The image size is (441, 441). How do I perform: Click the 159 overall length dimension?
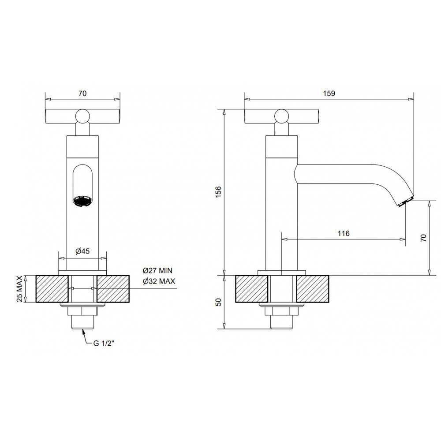click(329, 93)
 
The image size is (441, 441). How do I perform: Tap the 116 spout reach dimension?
click(344, 233)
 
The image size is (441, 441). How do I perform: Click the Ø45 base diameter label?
click(83, 251)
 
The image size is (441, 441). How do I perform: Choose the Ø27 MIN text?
click(157, 271)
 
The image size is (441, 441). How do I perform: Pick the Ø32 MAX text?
click(159, 281)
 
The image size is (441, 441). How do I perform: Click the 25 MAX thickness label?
click(20, 289)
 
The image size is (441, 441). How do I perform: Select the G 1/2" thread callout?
click(104, 343)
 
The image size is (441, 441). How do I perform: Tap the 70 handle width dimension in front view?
click(82, 93)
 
